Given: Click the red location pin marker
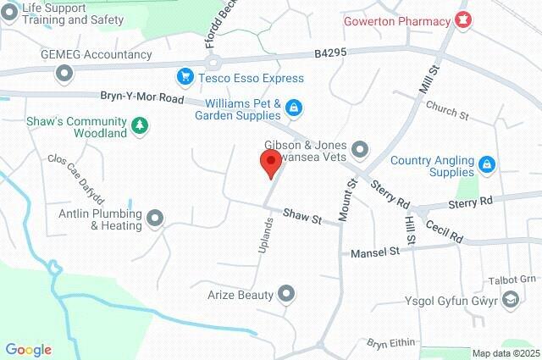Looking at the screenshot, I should [x=271, y=163].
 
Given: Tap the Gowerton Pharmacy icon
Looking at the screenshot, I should [x=462, y=19].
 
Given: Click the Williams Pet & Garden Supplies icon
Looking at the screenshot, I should [x=293, y=108].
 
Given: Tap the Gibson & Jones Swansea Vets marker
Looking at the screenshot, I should [x=360, y=150].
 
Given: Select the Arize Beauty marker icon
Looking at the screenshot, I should [x=287, y=295].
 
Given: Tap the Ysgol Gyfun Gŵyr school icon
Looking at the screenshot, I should [x=511, y=299].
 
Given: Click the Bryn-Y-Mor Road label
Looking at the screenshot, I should [x=141, y=99].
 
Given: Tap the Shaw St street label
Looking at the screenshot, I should [x=302, y=218].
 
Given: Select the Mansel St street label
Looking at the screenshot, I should [x=374, y=252].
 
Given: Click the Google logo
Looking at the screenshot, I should [x=28, y=350].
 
